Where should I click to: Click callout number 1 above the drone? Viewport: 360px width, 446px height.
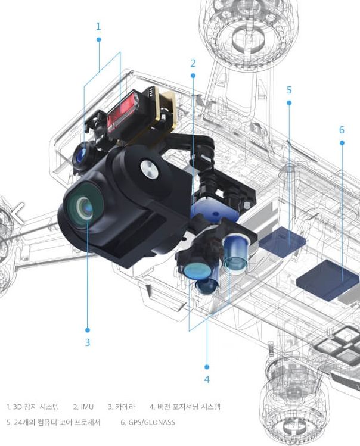(98, 26)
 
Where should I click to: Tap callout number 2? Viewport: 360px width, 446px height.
(193, 63)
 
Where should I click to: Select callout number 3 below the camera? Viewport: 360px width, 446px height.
(88, 342)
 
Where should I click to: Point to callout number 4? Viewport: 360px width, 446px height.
(207, 379)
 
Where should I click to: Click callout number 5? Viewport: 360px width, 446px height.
(289, 90)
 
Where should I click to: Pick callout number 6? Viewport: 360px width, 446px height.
(342, 130)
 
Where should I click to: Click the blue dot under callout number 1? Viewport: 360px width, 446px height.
(99, 39)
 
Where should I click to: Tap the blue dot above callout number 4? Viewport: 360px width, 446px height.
(207, 367)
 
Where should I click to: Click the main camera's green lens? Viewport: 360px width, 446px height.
(83, 205)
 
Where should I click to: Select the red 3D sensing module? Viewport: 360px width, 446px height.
(122, 112)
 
